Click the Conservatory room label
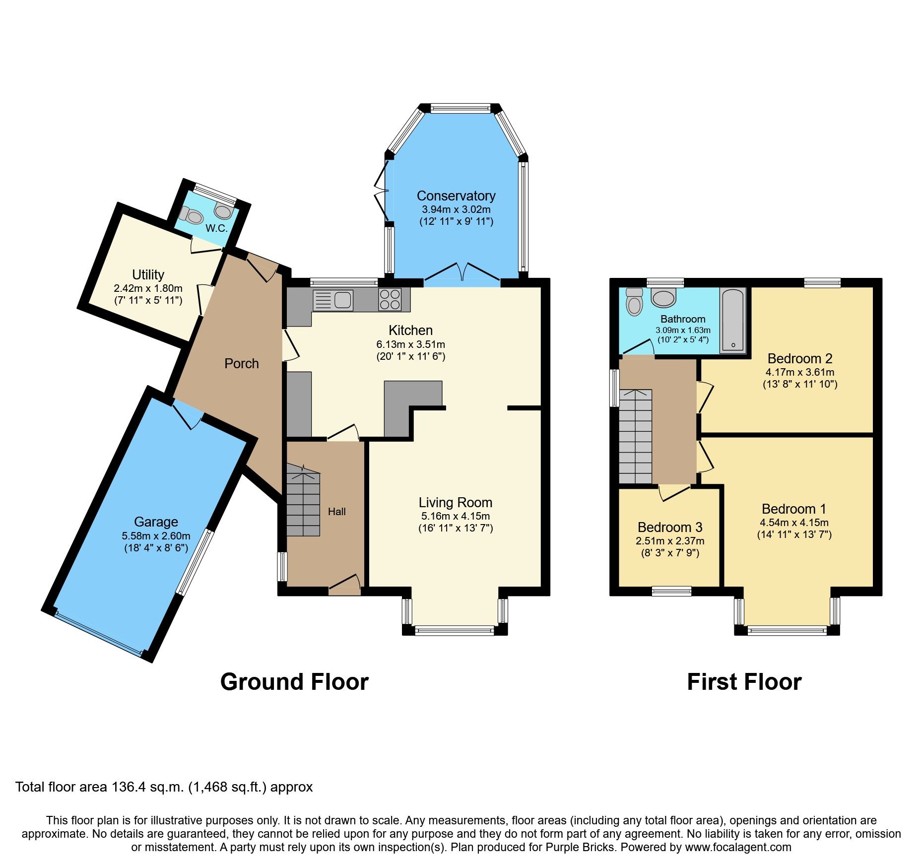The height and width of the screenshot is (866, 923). point(456,196)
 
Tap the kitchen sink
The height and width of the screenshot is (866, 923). point(333,300)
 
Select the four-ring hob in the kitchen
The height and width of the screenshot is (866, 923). point(390,299)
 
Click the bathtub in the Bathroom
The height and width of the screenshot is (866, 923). point(733,320)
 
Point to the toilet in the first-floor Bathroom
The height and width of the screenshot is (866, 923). point(634,302)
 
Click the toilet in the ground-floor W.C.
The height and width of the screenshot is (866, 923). point(193,216)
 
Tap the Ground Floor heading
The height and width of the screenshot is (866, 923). point(294,682)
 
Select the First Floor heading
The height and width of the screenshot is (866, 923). point(744,682)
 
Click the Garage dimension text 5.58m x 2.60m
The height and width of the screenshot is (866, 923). point(156,536)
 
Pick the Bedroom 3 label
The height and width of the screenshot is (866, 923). point(669,527)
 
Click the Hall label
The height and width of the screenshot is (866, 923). point(336,512)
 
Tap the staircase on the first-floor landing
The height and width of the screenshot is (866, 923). point(635,437)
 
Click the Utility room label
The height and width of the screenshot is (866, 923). point(148,274)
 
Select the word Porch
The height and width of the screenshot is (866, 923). point(241,364)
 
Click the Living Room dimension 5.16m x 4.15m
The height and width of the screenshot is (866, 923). point(455,516)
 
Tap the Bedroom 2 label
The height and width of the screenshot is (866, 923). point(799,358)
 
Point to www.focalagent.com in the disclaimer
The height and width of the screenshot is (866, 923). point(738,847)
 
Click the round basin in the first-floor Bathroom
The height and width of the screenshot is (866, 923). point(663,298)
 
